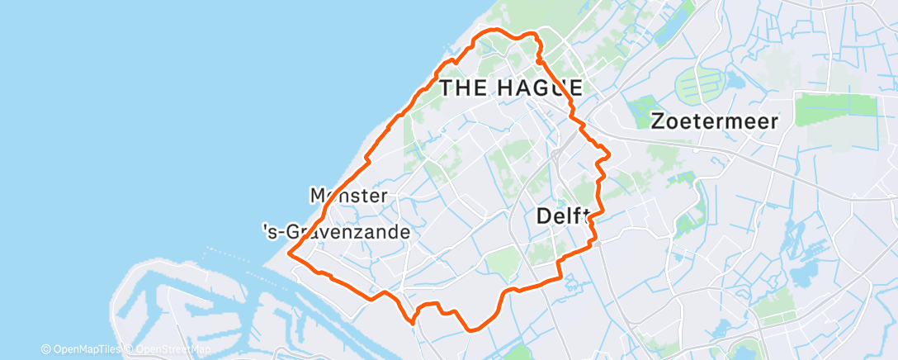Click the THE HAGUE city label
point(512,88)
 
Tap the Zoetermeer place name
point(714,121)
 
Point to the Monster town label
point(348,196)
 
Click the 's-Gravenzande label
point(335,233)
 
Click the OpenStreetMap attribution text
point(164,349)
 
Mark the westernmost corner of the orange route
point(289,254)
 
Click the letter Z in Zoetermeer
point(658,121)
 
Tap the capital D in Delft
point(544,216)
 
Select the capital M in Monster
point(318,196)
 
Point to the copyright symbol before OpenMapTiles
point(46,349)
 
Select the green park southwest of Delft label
point(501,263)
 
